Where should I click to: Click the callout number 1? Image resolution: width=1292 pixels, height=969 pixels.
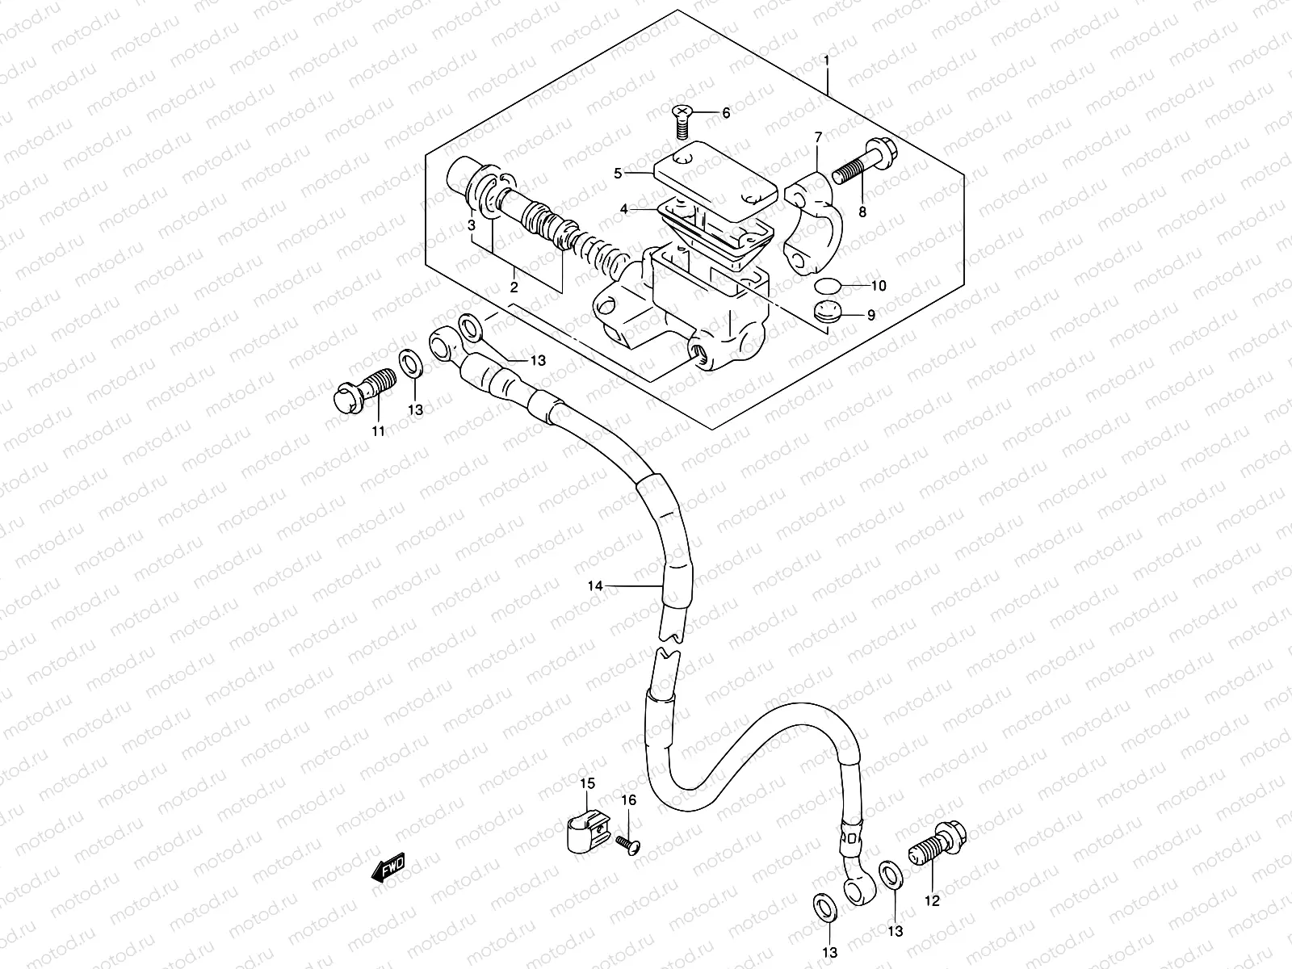click(x=827, y=61)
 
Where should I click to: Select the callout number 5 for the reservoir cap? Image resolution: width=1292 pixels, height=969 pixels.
click(x=618, y=173)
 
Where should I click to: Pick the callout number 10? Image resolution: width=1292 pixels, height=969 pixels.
click(x=879, y=285)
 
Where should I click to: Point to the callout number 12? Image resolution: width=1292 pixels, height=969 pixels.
click(x=932, y=901)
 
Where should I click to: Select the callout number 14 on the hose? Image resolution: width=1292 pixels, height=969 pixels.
click(x=594, y=586)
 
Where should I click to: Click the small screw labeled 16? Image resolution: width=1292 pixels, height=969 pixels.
click(x=626, y=844)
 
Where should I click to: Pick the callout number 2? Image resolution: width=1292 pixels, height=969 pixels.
click(x=513, y=287)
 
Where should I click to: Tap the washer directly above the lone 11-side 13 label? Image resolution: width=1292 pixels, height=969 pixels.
click(x=410, y=363)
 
